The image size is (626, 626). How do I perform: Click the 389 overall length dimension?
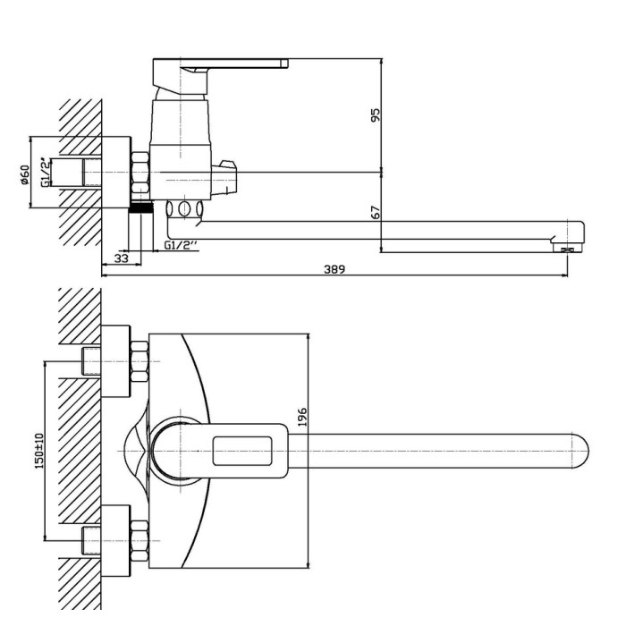(334, 269)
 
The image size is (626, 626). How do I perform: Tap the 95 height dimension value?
(376, 115)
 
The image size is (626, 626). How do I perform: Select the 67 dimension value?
(376, 213)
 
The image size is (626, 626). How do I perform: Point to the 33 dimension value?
(122, 258)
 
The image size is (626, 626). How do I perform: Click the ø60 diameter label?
(25, 175)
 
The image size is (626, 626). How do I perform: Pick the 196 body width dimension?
(302, 417)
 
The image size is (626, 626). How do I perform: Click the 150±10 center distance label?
(39, 451)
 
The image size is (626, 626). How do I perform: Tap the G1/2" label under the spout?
(182, 245)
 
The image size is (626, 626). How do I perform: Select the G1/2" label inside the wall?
(47, 173)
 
